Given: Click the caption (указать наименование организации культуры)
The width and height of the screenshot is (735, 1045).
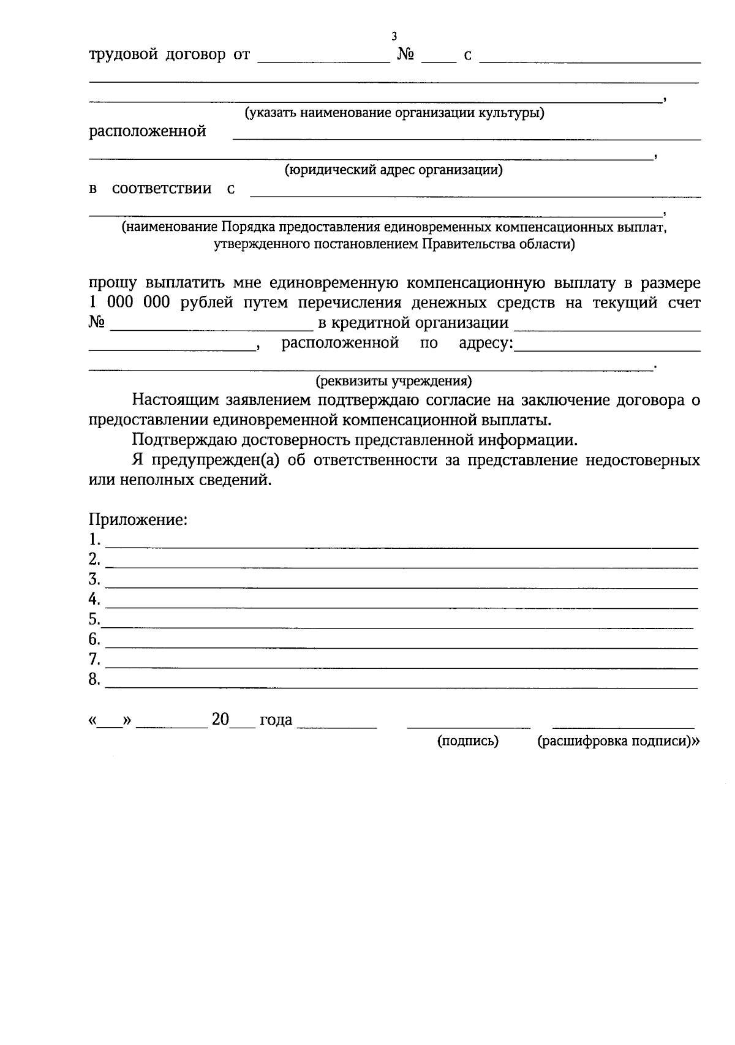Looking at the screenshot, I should point(394,113).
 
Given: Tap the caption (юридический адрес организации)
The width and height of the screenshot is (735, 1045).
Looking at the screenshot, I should point(393,170).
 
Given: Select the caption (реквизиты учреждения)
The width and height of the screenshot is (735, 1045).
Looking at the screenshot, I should point(393,382).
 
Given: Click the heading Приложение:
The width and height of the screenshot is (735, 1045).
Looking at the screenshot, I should point(138,520).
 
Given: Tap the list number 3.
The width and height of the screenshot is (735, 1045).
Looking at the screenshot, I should point(94,579).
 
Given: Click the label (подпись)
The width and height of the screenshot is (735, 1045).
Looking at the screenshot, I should point(468,741).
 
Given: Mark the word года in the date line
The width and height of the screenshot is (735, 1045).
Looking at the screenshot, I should point(276,720).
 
